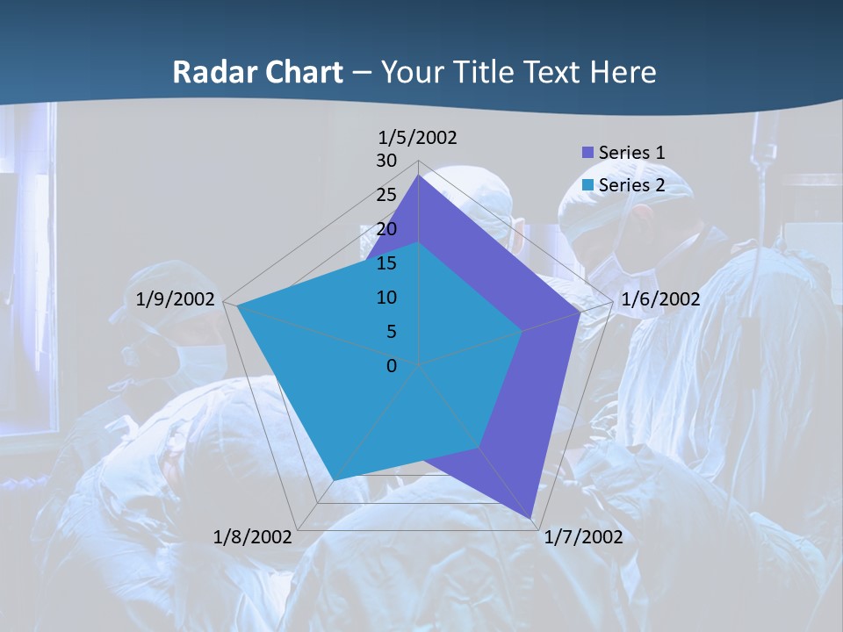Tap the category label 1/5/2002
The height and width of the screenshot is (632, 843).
pos(418,137)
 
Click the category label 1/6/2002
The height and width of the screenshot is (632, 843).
pos(660,299)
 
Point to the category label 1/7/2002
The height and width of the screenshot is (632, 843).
pos(583,537)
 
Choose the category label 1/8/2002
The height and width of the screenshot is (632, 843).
pos(253,537)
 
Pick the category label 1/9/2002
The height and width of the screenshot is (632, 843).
pos(176,299)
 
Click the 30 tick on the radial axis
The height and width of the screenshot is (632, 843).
pos(386,161)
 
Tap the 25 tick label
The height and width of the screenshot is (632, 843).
pos(386,195)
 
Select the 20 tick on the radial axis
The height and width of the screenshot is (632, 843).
pos(386,229)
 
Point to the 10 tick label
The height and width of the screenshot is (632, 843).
pos(386,298)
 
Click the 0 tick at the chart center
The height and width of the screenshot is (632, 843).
pos(392,366)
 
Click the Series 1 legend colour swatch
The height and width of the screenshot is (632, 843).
pos(588,153)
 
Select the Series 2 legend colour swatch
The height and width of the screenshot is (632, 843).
pos(588,185)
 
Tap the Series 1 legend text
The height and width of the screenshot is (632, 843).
pos(631,153)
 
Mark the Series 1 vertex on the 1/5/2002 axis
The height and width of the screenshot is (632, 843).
pos(418,176)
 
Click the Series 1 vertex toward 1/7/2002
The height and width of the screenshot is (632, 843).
pos(531,518)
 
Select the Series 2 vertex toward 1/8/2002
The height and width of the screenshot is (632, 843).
pos(333,480)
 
